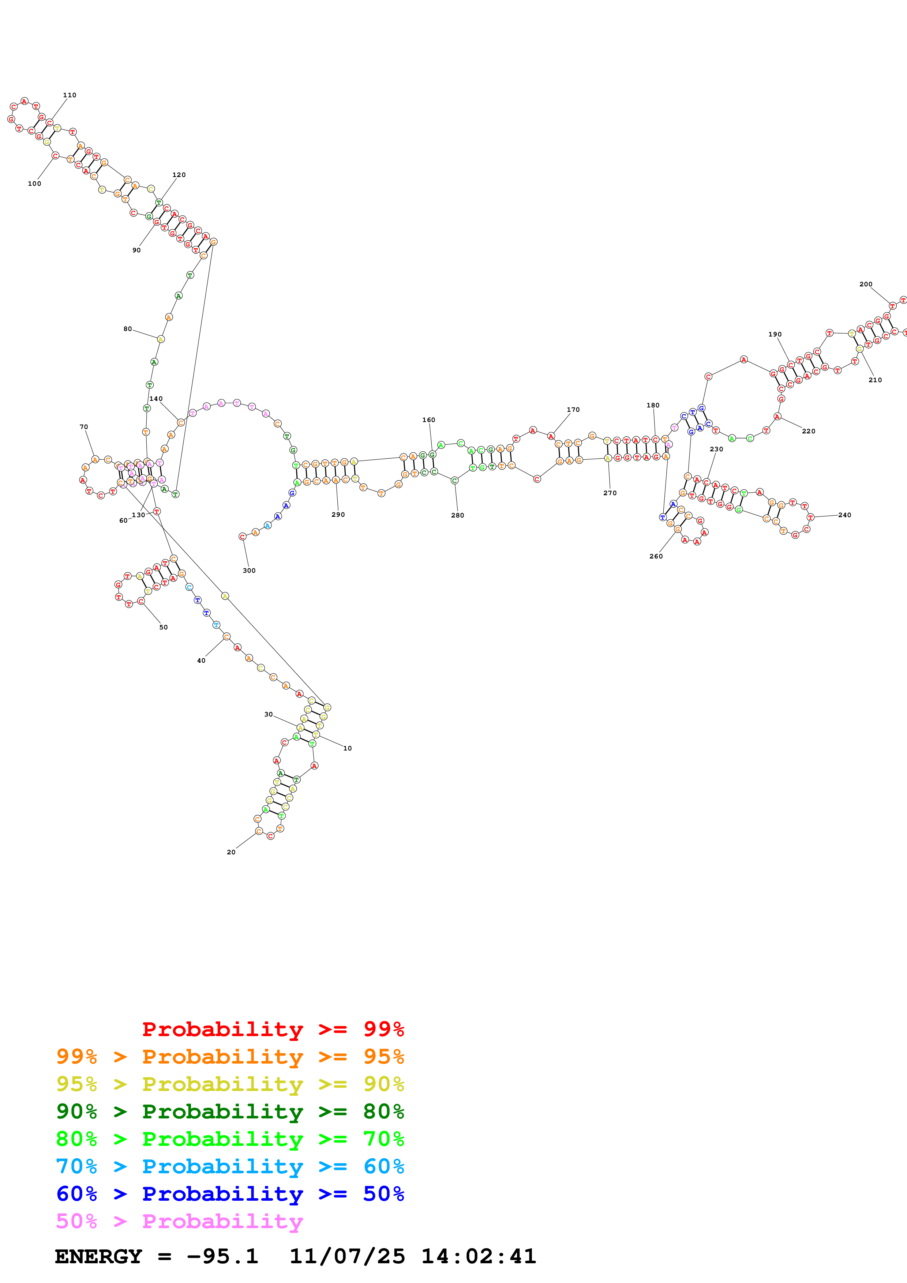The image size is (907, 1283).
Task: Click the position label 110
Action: (69, 95)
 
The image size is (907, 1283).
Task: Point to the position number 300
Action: (249, 571)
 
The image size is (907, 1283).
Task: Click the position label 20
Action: (231, 852)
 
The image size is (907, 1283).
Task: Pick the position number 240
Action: (844, 515)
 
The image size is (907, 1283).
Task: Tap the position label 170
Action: (573, 410)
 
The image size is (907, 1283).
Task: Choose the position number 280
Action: (457, 515)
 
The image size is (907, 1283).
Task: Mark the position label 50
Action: (163, 627)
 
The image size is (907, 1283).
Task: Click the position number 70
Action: (84, 427)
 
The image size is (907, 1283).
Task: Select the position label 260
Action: (656, 556)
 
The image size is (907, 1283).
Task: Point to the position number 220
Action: (808, 432)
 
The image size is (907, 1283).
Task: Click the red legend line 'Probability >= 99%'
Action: (273, 1029)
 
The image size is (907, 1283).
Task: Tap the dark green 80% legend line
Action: (230, 1111)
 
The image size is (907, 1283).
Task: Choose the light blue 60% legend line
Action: (230, 1166)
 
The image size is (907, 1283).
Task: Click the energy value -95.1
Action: (222, 1256)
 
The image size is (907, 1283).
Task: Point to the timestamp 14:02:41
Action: (478, 1256)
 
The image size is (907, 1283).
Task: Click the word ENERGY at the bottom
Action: (98, 1256)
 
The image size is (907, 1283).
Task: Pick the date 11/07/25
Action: (347, 1256)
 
